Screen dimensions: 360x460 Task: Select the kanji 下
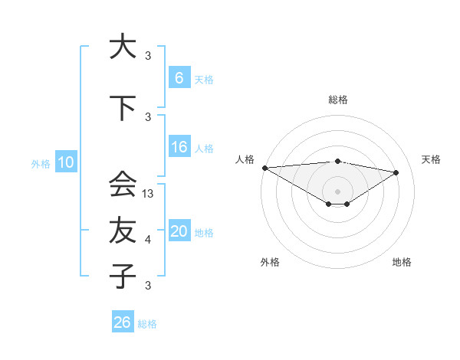123,108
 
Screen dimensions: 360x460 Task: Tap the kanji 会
123,184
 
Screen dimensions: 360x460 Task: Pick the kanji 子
123,276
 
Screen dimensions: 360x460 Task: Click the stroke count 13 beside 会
149,194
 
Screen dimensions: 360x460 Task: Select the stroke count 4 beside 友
148,240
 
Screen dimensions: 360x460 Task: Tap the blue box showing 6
179,77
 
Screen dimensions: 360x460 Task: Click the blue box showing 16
179,148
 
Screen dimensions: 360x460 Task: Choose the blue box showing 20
179,231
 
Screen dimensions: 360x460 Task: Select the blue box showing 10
65,162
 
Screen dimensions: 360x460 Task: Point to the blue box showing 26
122,323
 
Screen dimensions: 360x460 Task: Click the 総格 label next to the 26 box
147,324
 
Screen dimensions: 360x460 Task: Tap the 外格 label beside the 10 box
41,163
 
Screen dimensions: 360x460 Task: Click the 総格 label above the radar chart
338,100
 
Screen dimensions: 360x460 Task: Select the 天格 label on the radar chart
432,159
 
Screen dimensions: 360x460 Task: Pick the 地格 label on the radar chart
402,262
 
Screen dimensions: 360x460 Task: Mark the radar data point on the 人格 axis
264,168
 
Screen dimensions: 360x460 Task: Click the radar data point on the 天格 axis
396,172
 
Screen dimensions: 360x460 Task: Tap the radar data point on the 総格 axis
337,161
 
